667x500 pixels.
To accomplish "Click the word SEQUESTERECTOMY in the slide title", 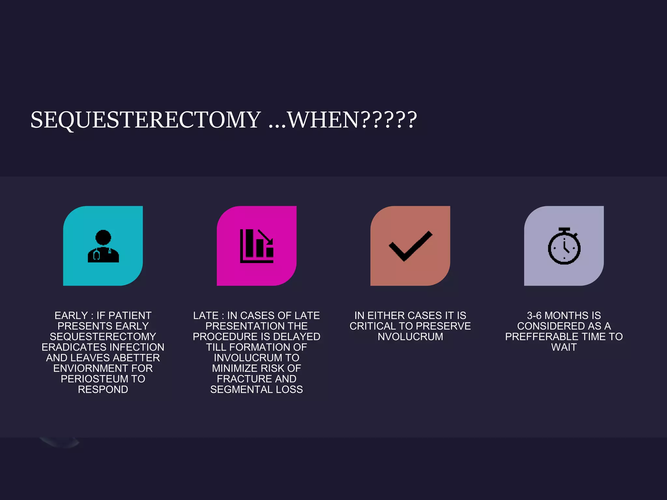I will coord(146,120).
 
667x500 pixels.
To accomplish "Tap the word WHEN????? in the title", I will coord(352,120).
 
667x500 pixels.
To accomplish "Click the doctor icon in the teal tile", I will coord(103,246).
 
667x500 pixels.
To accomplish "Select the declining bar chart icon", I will coord(257,246).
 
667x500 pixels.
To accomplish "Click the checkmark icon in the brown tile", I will coord(410,246).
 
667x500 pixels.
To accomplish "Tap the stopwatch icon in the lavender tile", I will coord(564,246).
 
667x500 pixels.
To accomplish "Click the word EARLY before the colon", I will coord(71,315).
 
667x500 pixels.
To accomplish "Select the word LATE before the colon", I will coord(206,315).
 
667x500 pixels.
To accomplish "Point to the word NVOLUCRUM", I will coord(410,337).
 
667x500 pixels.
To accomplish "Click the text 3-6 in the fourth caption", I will coord(534,315).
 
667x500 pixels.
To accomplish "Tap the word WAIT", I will coord(564,347).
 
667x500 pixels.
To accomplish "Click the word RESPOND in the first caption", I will coord(103,389).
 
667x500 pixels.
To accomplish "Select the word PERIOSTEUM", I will coord(94,379).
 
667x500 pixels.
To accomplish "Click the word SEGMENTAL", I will coord(241,389).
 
